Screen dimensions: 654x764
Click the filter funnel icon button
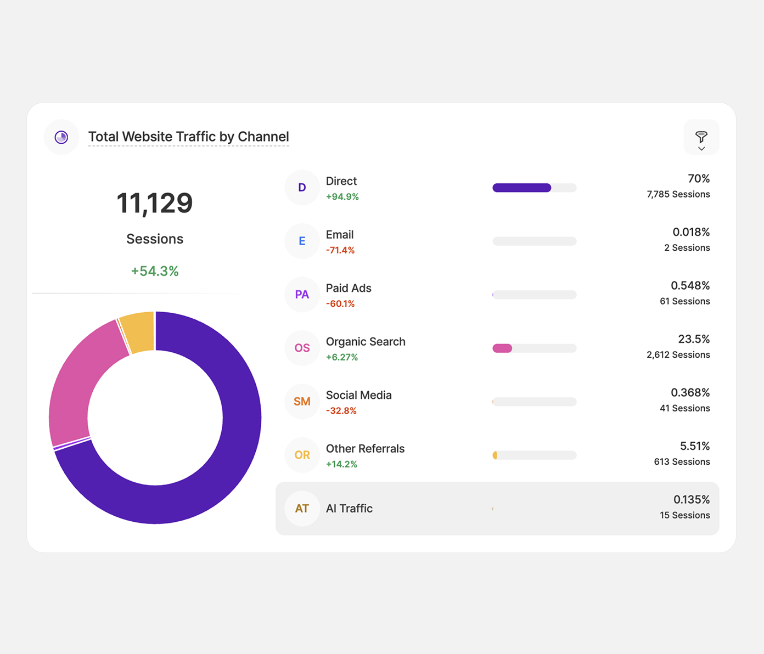tap(701, 137)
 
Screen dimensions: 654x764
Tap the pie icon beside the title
tap(61, 137)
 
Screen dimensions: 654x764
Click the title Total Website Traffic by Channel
tap(188, 137)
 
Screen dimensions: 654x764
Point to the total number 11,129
tap(154, 203)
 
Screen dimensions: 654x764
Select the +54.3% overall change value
tap(154, 271)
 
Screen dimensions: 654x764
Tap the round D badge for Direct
tap(302, 188)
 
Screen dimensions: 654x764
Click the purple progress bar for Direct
tap(521, 188)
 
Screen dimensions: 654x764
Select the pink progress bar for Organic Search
tap(502, 348)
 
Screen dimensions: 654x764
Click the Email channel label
tap(340, 235)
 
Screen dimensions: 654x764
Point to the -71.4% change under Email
tap(340, 250)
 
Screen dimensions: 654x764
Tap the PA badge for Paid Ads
tap(302, 295)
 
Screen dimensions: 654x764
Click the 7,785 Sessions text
tap(678, 194)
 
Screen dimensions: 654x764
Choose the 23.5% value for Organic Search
tap(694, 339)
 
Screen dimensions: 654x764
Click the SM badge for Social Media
tap(302, 402)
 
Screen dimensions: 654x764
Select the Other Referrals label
tap(365, 449)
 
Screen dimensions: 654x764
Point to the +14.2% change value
tap(341, 464)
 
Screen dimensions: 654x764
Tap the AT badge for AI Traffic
tap(302, 509)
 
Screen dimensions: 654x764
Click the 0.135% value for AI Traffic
tap(691, 500)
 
